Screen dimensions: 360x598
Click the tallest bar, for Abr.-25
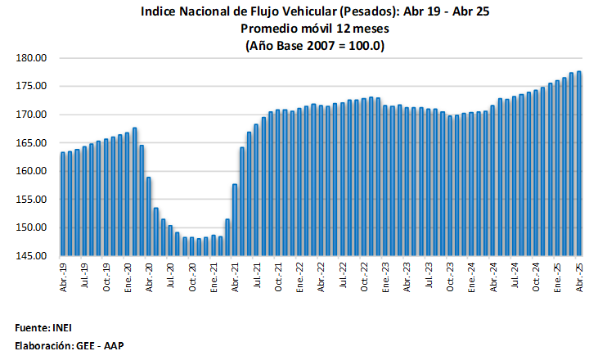579,164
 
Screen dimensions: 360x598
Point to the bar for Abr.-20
149,216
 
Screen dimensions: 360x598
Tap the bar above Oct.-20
192,245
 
